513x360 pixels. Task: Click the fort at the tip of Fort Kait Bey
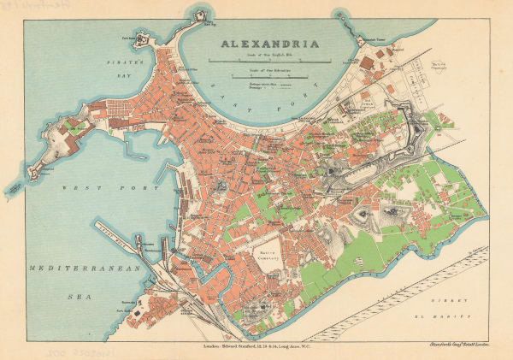(202, 15)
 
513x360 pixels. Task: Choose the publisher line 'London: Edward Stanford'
(256, 339)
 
